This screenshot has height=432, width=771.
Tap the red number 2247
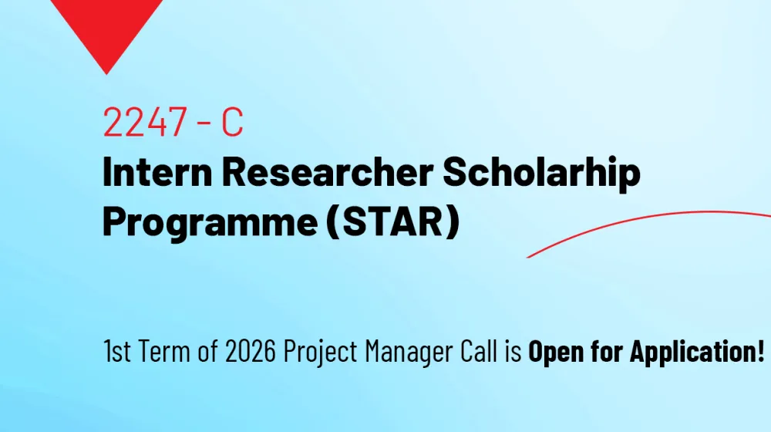145,122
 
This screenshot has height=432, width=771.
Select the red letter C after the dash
232,122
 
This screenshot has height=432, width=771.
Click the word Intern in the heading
157,172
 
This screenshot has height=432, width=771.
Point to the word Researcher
328,172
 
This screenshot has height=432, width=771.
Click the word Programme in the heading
210,221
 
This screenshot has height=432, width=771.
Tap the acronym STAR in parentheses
392,221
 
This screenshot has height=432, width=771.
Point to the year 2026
251,351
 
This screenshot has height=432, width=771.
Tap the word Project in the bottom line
321,353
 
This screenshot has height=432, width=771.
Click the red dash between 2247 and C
204,123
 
